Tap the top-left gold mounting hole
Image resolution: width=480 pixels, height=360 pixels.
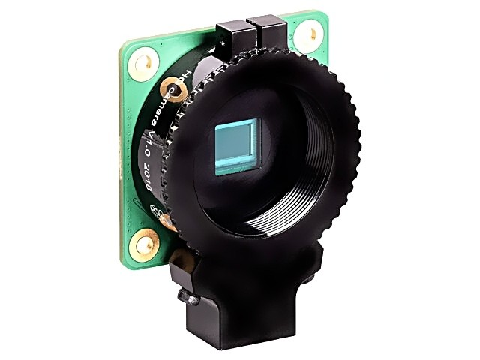point(143,63)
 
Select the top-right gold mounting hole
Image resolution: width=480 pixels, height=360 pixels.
point(307,35)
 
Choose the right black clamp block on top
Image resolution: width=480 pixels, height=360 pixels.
point(271,33)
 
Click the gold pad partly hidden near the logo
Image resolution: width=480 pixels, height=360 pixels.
point(166,220)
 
